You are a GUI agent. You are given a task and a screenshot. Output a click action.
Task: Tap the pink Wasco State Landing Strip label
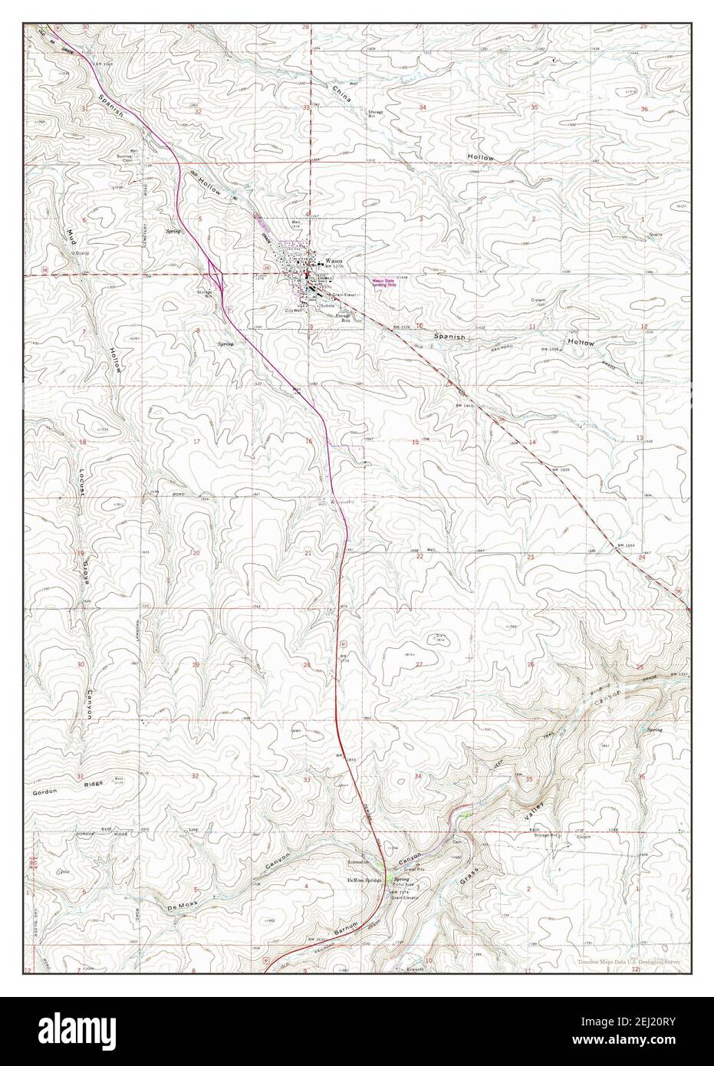coord(387,281)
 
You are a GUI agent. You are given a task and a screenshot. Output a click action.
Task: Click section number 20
coord(196,553)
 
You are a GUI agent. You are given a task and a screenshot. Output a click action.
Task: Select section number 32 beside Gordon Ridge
coord(195,776)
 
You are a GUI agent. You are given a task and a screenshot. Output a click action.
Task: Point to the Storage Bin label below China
coord(375,114)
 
